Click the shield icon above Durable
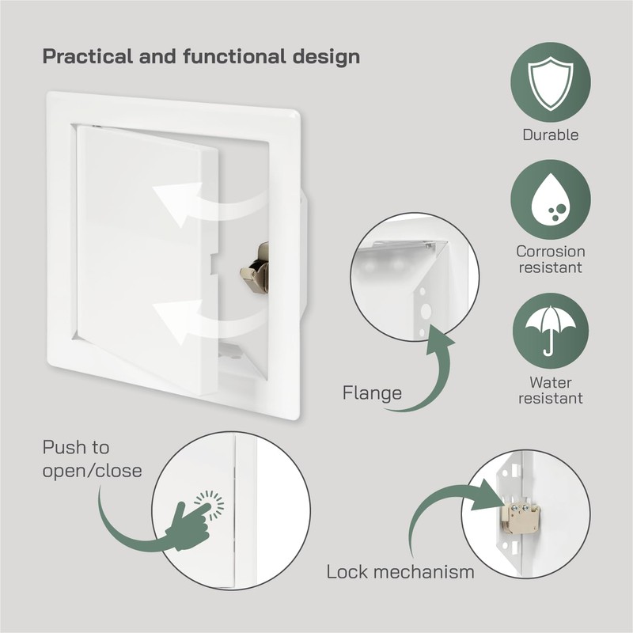pos(550,81)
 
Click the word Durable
pos(550,135)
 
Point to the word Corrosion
pos(550,252)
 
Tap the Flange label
pos(372,392)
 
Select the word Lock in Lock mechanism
pos(347,571)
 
